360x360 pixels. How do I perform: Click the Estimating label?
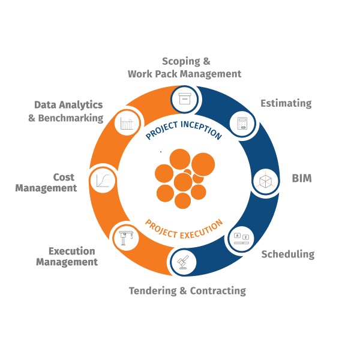[286, 103]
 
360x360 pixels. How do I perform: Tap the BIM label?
[301, 178]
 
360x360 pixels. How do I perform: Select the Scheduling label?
[287, 254]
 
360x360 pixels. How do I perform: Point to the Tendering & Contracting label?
[187, 290]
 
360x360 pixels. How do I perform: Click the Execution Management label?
[67, 256]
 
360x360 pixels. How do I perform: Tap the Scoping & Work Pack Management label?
[184, 67]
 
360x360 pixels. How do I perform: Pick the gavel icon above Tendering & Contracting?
[182, 261]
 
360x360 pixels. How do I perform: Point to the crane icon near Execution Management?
[126, 236]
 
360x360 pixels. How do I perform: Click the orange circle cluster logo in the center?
[184, 178]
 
